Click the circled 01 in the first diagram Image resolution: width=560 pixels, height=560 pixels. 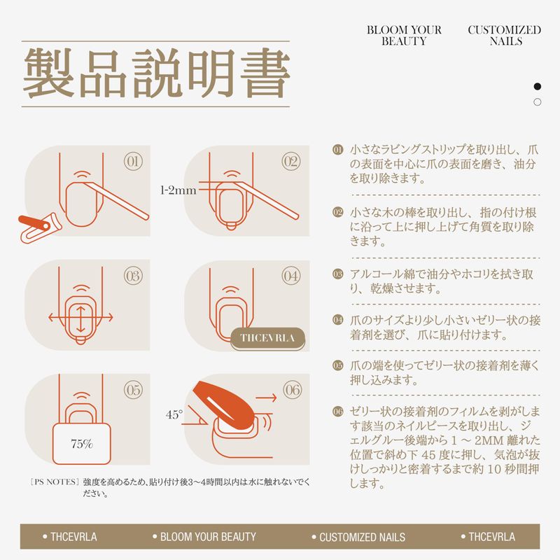pos(133,162)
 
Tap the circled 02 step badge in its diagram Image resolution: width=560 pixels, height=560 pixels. pos(291,162)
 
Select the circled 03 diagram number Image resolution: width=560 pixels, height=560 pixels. pos(133,276)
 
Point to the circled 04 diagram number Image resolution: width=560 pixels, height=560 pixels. pos(291,276)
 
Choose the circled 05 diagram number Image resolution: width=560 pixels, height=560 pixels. pos(133,390)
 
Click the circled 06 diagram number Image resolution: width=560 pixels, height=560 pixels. pos(293,390)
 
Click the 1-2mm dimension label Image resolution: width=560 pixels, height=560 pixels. pos(178,190)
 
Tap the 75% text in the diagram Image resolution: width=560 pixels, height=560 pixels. pos(82,444)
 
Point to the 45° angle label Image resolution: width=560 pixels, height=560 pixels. pos(174,414)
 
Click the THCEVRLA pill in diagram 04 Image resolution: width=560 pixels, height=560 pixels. pos(267,339)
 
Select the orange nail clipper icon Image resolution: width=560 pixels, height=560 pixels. pos(40,228)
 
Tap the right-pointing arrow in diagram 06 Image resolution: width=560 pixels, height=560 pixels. pos(266,397)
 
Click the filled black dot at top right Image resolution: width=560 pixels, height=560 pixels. pos(537,86)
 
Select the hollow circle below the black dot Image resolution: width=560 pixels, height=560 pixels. pos(537,102)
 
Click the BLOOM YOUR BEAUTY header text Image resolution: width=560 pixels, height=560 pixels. pos(404,36)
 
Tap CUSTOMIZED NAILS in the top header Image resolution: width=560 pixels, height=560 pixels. pos(505,36)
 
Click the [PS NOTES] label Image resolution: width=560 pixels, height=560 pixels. pos(55,482)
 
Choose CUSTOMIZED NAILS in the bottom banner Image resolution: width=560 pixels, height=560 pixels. pos(358,537)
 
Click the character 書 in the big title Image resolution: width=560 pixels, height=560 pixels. pos(265,73)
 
